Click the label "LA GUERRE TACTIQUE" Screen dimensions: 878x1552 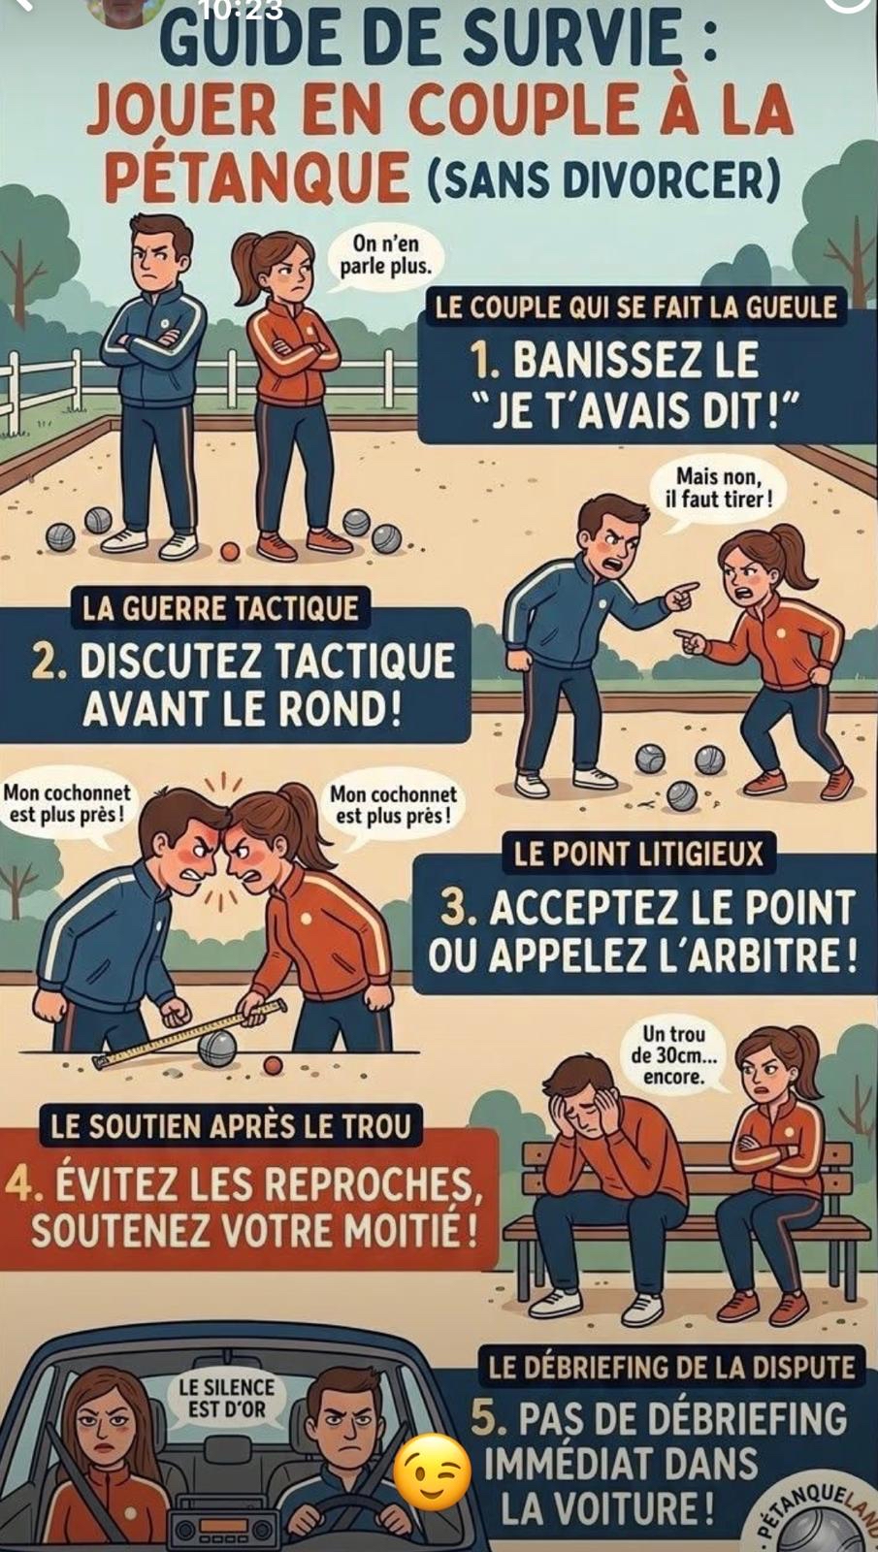tap(221, 610)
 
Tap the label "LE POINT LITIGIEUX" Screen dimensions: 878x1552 tap(638, 855)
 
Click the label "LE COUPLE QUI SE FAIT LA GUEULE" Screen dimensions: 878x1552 tap(636, 307)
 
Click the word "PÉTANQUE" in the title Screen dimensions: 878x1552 tap(261, 175)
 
